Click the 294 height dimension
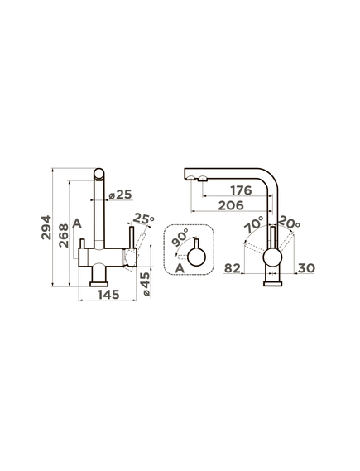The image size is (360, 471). pyautogui.click(x=46, y=227)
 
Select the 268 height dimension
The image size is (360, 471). pyautogui.click(x=64, y=235)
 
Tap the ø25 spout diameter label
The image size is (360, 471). pyautogui.click(x=120, y=195)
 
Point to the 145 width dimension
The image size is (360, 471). pyautogui.click(x=108, y=295)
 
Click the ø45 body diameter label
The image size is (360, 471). pyautogui.click(x=146, y=284)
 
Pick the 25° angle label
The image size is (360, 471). pyautogui.click(x=143, y=219)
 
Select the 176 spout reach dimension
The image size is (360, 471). pyautogui.click(x=241, y=190)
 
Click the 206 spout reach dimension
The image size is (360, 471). pyautogui.click(x=231, y=205)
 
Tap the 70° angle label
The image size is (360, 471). pyautogui.click(x=253, y=225)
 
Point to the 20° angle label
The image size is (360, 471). pyautogui.click(x=289, y=223)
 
